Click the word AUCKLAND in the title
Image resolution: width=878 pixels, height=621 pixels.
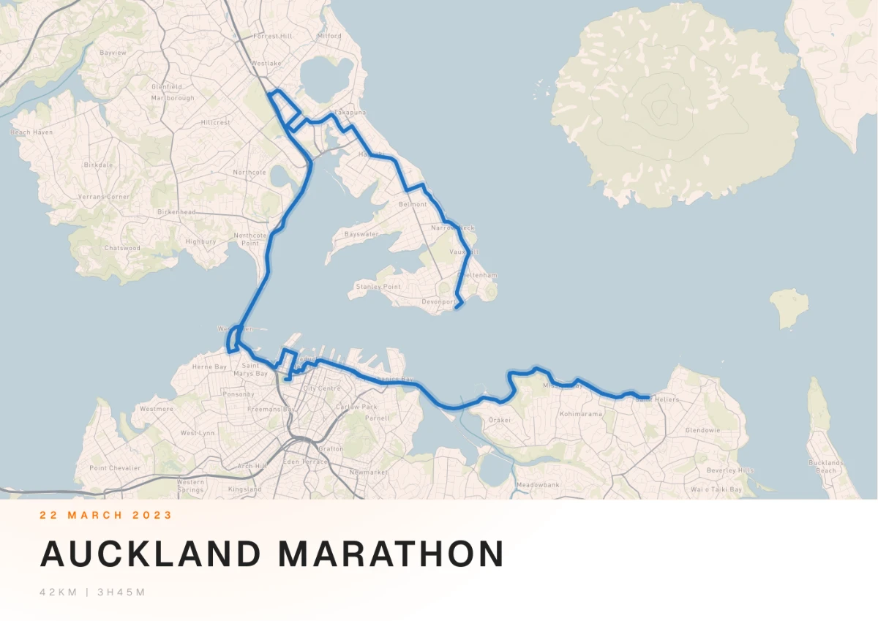(150, 554)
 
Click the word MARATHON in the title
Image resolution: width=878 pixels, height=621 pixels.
(391, 554)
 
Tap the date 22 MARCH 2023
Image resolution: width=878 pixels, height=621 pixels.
(106, 515)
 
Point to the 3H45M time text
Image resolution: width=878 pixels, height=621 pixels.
(120, 592)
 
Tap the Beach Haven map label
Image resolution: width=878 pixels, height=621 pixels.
(31, 132)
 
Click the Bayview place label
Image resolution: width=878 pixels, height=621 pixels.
(113, 53)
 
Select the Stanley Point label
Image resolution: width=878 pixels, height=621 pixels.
(378, 287)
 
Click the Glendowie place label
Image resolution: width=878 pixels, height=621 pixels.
(702, 431)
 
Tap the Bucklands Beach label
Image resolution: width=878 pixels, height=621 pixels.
(826, 467)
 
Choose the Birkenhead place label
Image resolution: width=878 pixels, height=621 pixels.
(176, 212)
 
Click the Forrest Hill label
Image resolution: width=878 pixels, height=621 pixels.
(272, 36)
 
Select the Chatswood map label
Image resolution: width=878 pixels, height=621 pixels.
(122, 248)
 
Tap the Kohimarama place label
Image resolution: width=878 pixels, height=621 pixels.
(580, 414)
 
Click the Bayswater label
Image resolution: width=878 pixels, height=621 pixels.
(361, 234)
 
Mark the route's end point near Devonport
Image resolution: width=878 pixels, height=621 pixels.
(457, 307)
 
